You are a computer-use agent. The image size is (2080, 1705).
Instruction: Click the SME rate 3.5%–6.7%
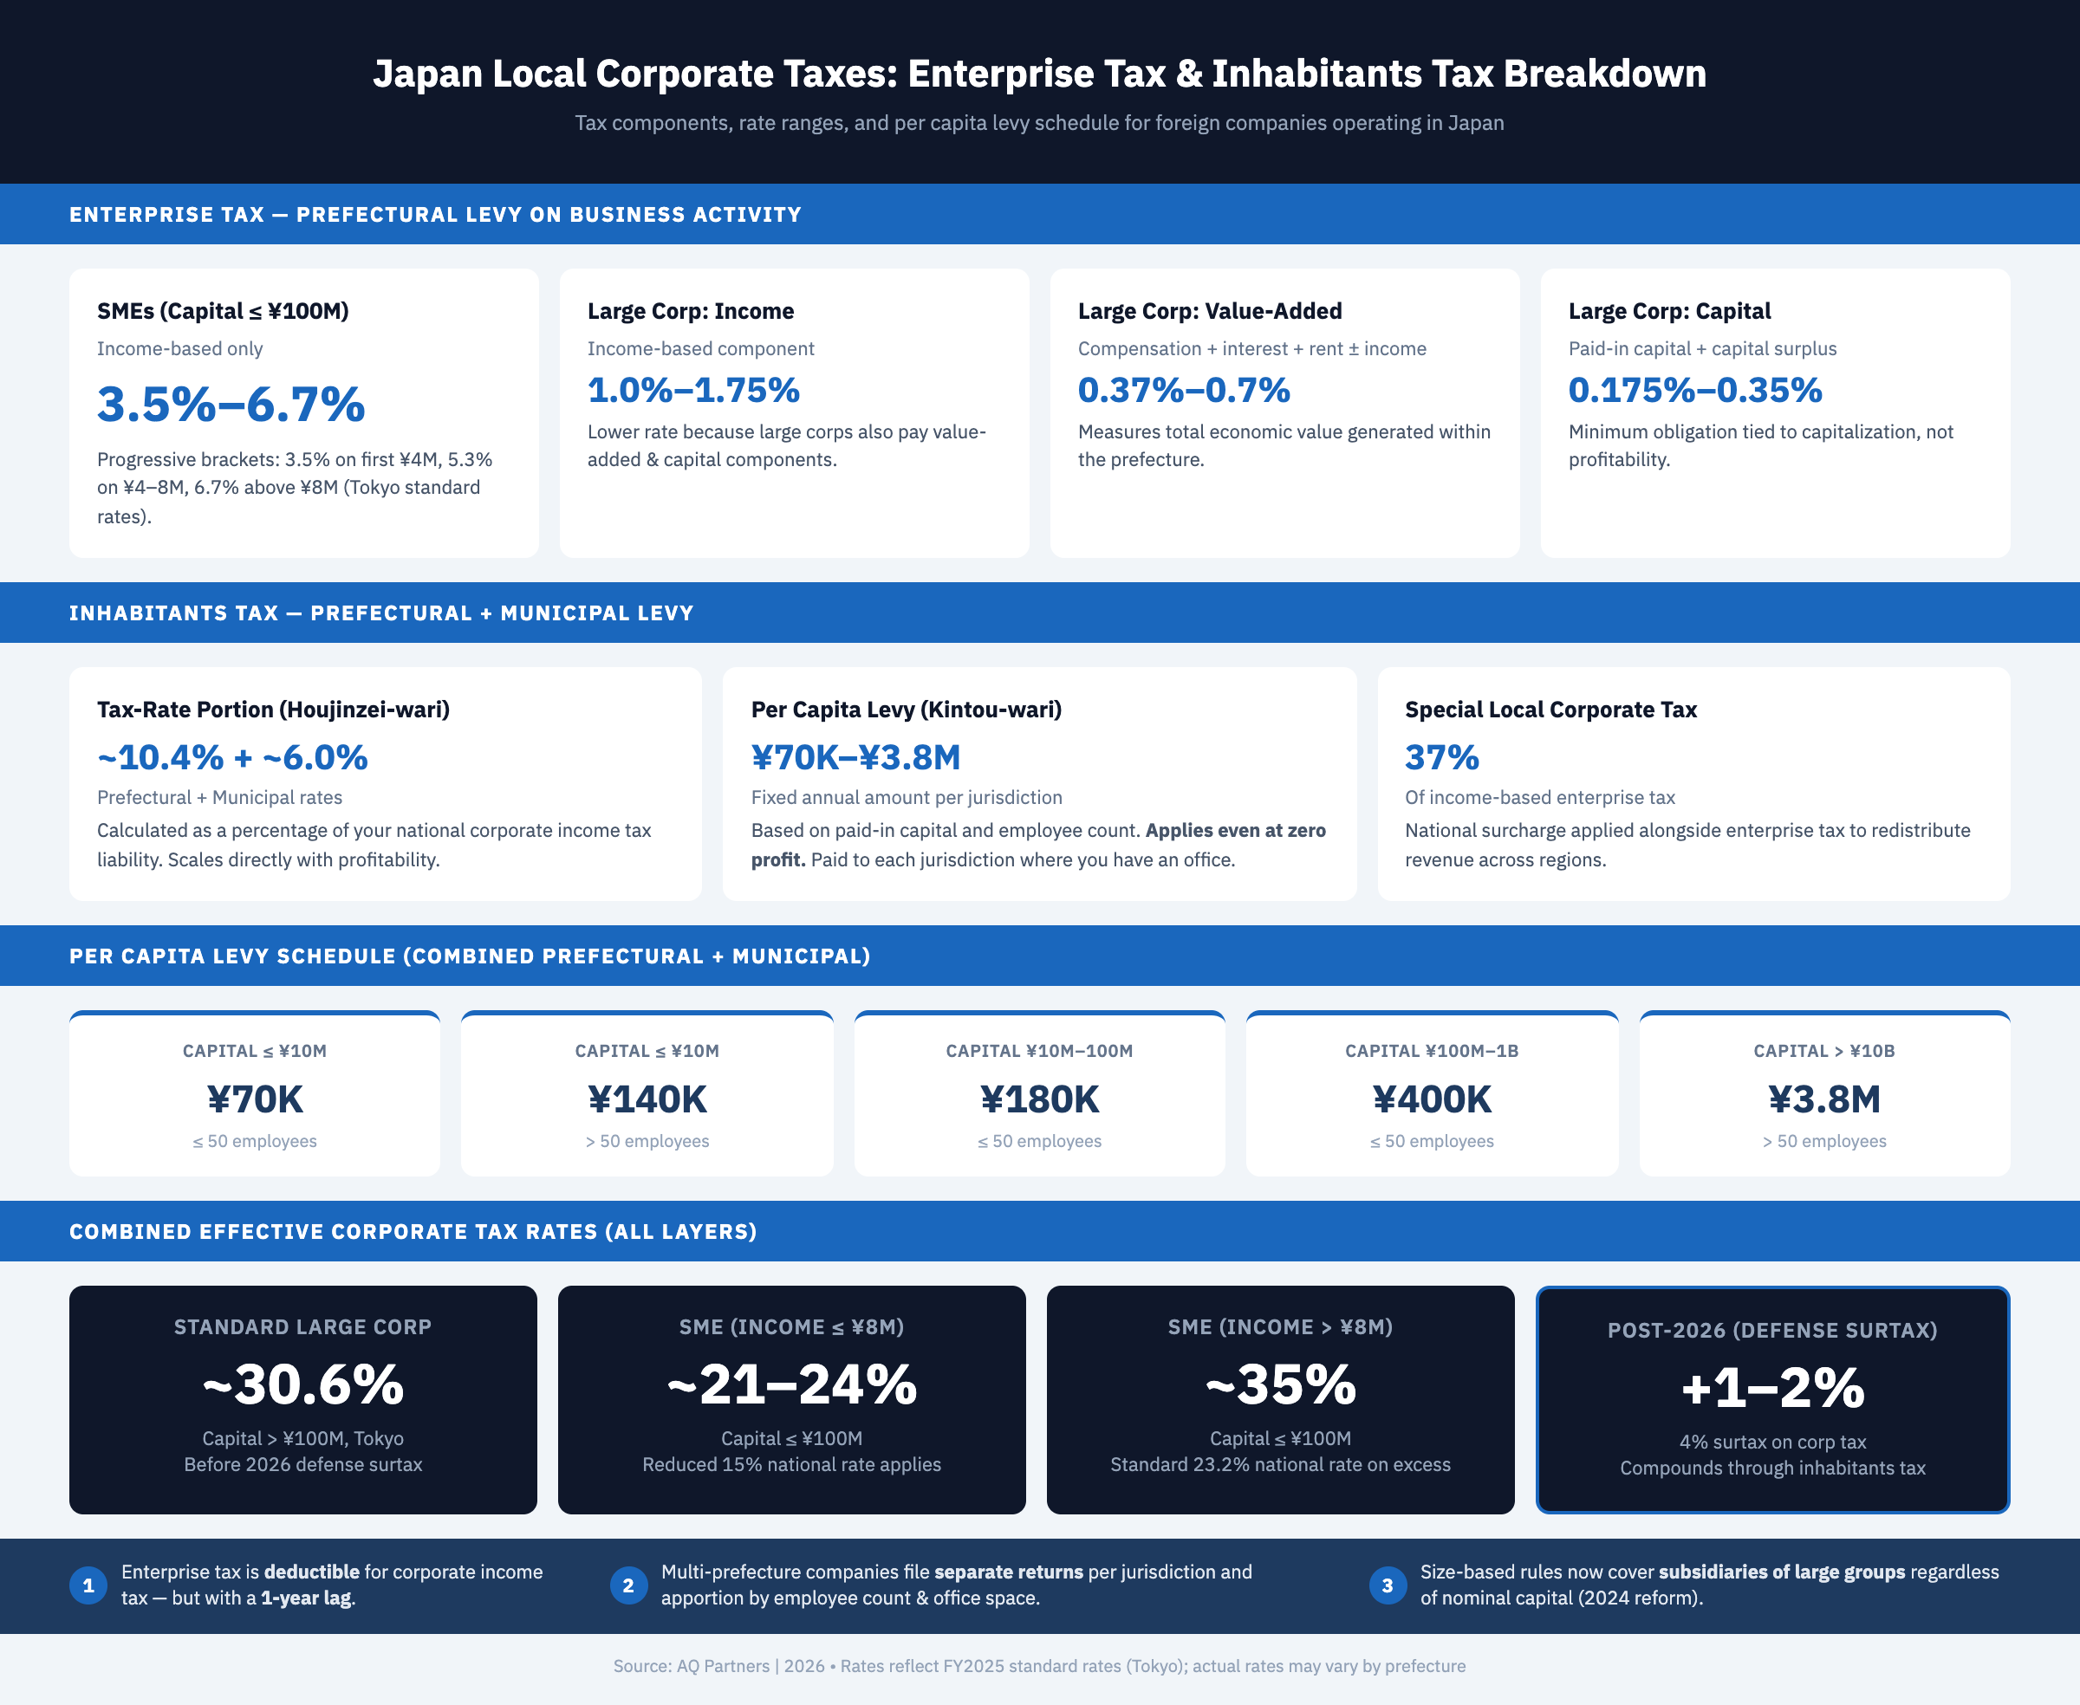[x=231, y=405]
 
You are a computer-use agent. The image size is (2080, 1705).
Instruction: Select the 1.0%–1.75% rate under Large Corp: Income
[x=693, y=390]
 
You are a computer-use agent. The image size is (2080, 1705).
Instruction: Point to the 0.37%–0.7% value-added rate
[x=1183, y=390]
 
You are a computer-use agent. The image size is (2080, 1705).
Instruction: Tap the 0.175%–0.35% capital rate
[x=1695, y=390]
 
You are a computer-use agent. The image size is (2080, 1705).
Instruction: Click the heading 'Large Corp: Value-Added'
[x=1210, y=311]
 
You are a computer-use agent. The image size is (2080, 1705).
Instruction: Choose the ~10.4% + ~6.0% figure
[x=232, y=757]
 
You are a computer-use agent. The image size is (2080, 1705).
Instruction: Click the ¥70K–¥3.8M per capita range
[x=855, y=757]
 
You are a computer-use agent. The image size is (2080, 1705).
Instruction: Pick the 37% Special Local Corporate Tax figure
[x=1441, y=757]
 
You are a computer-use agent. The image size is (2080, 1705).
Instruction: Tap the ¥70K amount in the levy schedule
[x=255, y=1099]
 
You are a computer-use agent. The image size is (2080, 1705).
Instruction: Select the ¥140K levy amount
[x=647, y=1099]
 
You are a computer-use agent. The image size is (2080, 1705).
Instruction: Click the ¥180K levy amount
[x=1039, y=1099]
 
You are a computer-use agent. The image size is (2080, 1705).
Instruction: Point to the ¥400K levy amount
[x=1432, y=1099]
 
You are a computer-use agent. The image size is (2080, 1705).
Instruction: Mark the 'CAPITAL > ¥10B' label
[x=1823, y=1051]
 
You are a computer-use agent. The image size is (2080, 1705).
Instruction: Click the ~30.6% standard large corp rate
[x=302, y=1384]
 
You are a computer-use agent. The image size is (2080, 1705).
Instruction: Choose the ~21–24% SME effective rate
[x=792, y=1384]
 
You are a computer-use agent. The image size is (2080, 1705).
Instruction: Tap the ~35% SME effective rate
[x=1280, y=1384]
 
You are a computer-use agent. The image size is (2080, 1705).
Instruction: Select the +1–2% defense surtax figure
[x=1772, y=1388]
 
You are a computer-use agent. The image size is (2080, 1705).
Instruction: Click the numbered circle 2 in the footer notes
[x=627, y=1585]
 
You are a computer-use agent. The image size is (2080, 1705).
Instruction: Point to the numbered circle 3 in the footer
[x=1388, y=1585]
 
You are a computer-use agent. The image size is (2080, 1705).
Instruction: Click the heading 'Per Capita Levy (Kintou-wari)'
[x=906, y=710]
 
